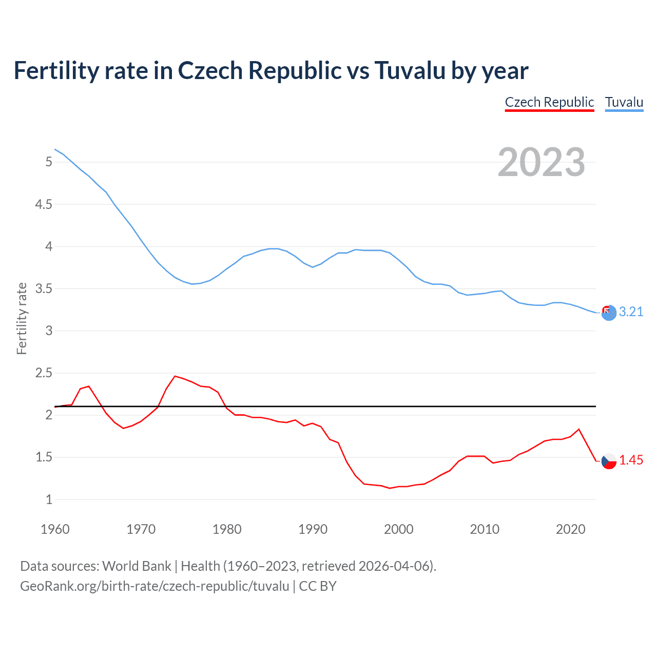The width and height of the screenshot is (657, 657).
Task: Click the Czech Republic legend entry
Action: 549,102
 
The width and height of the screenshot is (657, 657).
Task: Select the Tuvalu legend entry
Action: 624,102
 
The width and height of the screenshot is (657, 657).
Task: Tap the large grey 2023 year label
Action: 541,162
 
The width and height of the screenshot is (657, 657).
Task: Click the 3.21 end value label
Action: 631,312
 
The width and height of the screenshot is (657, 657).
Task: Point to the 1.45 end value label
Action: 631,460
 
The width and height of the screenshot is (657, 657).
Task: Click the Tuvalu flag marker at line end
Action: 609,313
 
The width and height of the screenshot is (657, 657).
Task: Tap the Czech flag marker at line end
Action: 609,461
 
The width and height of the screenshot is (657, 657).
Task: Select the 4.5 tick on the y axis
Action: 44,204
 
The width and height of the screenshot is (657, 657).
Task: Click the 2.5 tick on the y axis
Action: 44,373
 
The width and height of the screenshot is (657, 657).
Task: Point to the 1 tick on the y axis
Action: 49,499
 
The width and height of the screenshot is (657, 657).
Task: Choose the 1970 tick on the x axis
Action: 141,529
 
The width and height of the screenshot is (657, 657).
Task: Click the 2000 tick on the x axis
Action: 398,529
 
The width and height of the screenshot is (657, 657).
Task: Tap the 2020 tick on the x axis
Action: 570,529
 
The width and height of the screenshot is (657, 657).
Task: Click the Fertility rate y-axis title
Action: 22,318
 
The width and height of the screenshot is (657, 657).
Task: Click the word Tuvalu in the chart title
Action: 410,70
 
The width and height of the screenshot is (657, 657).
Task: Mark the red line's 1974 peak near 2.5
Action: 175,376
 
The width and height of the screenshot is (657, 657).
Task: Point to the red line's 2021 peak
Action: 579,429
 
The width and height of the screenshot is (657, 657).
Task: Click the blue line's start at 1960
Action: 55,149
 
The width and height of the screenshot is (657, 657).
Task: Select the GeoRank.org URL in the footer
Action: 154,586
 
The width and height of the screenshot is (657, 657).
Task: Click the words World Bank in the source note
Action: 137,566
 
